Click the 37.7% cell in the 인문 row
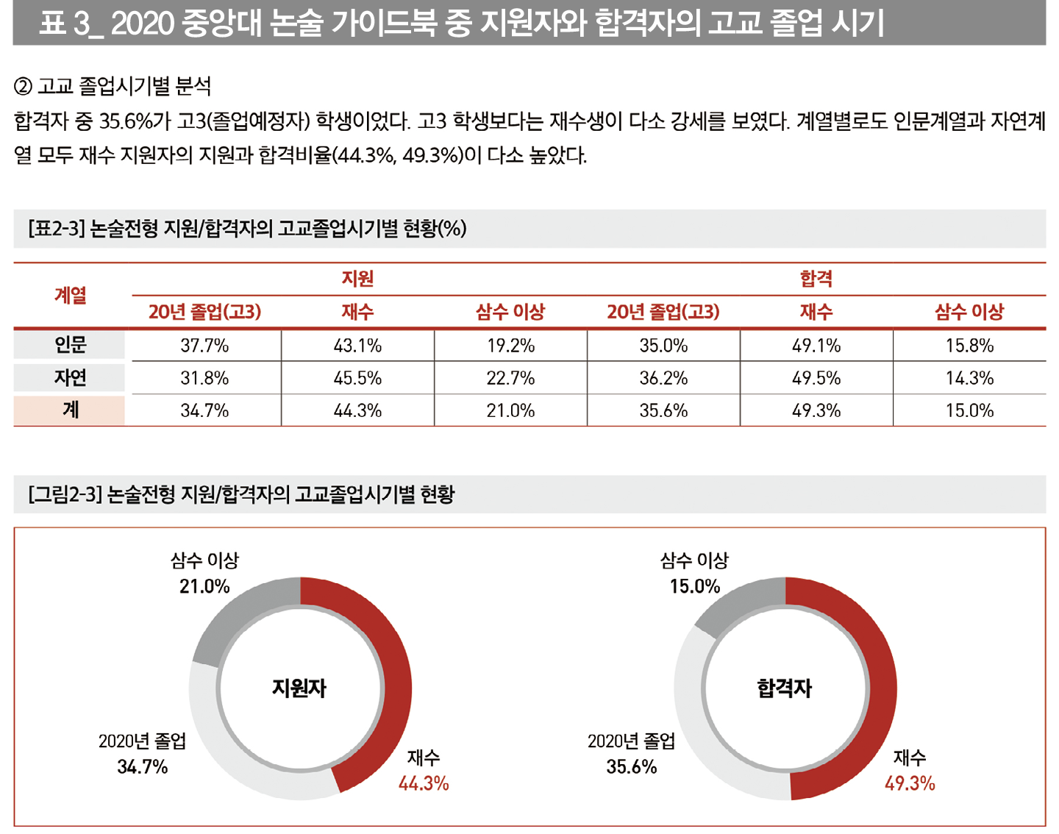204,346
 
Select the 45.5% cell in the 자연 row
357,378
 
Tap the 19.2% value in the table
510,346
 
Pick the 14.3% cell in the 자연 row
969,378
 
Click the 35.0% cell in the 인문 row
663,346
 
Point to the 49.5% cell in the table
816,378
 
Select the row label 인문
70,344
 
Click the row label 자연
70,377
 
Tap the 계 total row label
70,410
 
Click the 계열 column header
70,295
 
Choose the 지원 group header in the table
357,279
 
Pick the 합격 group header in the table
816,279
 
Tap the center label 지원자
299,688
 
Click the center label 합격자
785,688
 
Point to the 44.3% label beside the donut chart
424,784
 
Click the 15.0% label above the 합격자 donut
694,587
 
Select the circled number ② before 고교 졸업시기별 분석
24,87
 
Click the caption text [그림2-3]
65,494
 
